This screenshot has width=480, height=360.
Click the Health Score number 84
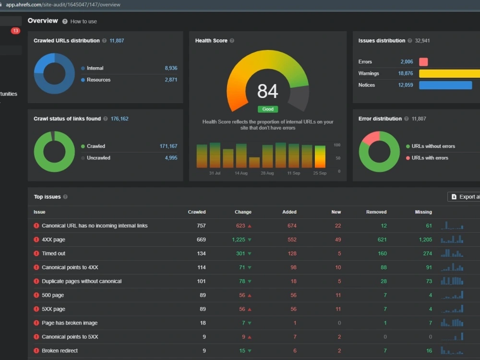267,91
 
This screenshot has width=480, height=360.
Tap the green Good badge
268,109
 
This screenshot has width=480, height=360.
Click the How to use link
84,22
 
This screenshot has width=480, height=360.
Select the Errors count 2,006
407,62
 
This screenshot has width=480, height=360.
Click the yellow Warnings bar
449,73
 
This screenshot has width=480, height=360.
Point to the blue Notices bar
445,85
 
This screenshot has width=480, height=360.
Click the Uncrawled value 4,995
171,158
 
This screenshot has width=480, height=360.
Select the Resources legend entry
96,80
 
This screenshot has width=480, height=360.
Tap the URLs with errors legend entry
427,158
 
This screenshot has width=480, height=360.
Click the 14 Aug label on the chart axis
241,173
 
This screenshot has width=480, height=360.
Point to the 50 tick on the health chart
338,158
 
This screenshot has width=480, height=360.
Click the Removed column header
376,212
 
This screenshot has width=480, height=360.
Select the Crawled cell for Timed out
201,253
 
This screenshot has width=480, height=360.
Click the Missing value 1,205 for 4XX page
425,240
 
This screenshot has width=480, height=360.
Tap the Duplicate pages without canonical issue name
82,281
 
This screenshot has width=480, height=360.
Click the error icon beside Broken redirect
36,351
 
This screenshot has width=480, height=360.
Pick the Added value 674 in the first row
292,226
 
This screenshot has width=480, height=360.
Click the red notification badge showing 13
15,31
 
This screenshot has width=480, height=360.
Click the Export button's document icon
454,197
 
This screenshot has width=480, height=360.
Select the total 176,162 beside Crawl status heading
120,119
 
